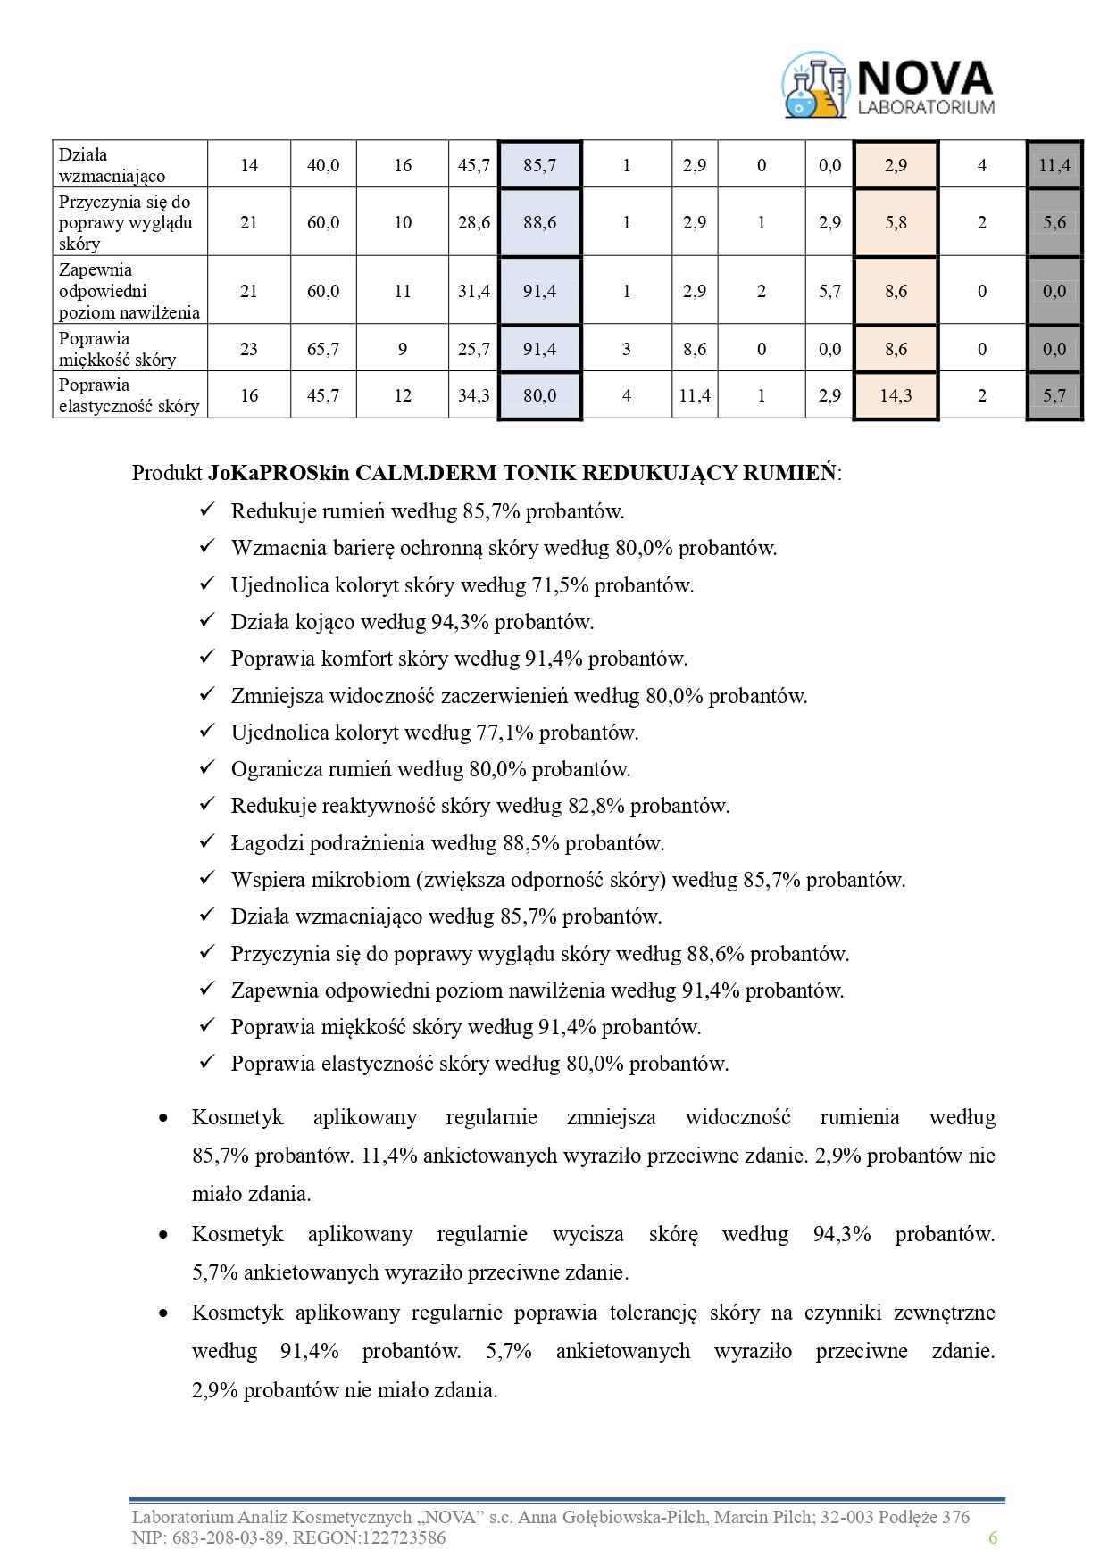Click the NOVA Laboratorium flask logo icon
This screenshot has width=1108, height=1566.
tap(814, 86)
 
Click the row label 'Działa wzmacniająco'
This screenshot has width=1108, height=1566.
tap(112, 165)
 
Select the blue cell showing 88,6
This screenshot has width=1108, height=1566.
tap(539, 222)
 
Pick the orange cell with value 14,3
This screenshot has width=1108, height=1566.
tap(896, 395)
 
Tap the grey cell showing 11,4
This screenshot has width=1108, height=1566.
tap(1054, 165)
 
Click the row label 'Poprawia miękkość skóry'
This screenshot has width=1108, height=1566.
tap(117, 349)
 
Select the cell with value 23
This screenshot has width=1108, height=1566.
tap(249, 349)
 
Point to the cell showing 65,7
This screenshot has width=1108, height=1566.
tap(323, 349)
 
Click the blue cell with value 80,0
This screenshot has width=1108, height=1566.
tap(539, 395)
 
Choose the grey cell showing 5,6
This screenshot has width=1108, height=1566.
tap(1054, 222)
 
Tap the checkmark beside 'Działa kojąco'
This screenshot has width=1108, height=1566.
tap(207, 620)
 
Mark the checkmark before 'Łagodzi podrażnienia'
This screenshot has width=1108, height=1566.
tap(207, 841)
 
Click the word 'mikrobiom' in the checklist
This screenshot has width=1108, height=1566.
tap(360, 880)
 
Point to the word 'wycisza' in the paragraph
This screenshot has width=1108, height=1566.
tap(587, 1234)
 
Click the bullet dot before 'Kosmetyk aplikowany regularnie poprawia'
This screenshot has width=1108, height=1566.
tap(162, 1313)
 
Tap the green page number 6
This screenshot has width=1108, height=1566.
tap(992, 1537)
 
